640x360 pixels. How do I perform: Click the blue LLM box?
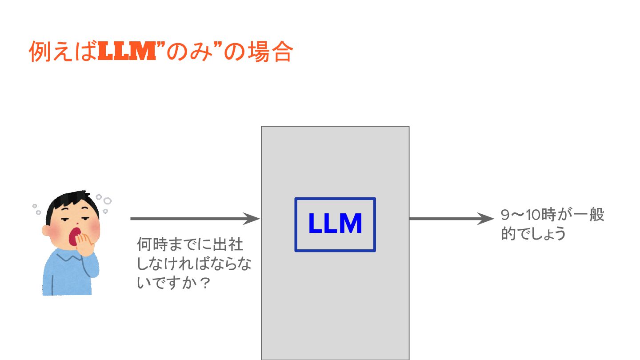click(x=335, y=224)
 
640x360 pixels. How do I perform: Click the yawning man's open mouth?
click(x=76, y=236)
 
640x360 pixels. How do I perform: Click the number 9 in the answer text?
click(x=505, y=216)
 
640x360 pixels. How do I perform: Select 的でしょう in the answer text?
click(x=533, y=233)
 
